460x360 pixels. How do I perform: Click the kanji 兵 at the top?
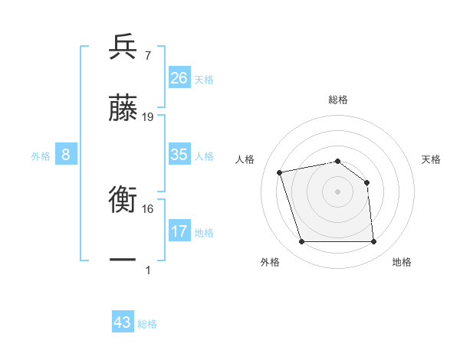[x=123, y=47]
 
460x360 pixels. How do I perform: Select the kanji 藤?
[x=123, y=108]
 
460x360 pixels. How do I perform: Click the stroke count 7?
[x=147, y=56]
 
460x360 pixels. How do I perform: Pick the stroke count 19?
[x=148, y=117]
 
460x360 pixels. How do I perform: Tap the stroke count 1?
[x=148, y=270]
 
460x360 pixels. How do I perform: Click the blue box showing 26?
[x=179, y=78]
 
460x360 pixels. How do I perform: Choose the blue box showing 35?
[x=179, y=155]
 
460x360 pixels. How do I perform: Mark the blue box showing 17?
[x=179, y=231]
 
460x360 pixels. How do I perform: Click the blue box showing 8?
[x=66, y=155]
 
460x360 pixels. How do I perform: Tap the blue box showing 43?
[x=123, y=322]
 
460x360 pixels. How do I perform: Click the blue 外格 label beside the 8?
[x=41, y=156]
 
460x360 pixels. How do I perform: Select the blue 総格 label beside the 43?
[x=148, y=324]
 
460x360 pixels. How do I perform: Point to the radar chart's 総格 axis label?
[x=338, y=100]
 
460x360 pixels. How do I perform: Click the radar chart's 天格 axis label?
[x=432, y=159]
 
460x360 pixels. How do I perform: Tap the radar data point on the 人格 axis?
[x=280, y=172]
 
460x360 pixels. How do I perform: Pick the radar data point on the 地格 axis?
[x=373, y=242]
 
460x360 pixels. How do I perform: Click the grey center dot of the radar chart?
[x=337, y=191]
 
